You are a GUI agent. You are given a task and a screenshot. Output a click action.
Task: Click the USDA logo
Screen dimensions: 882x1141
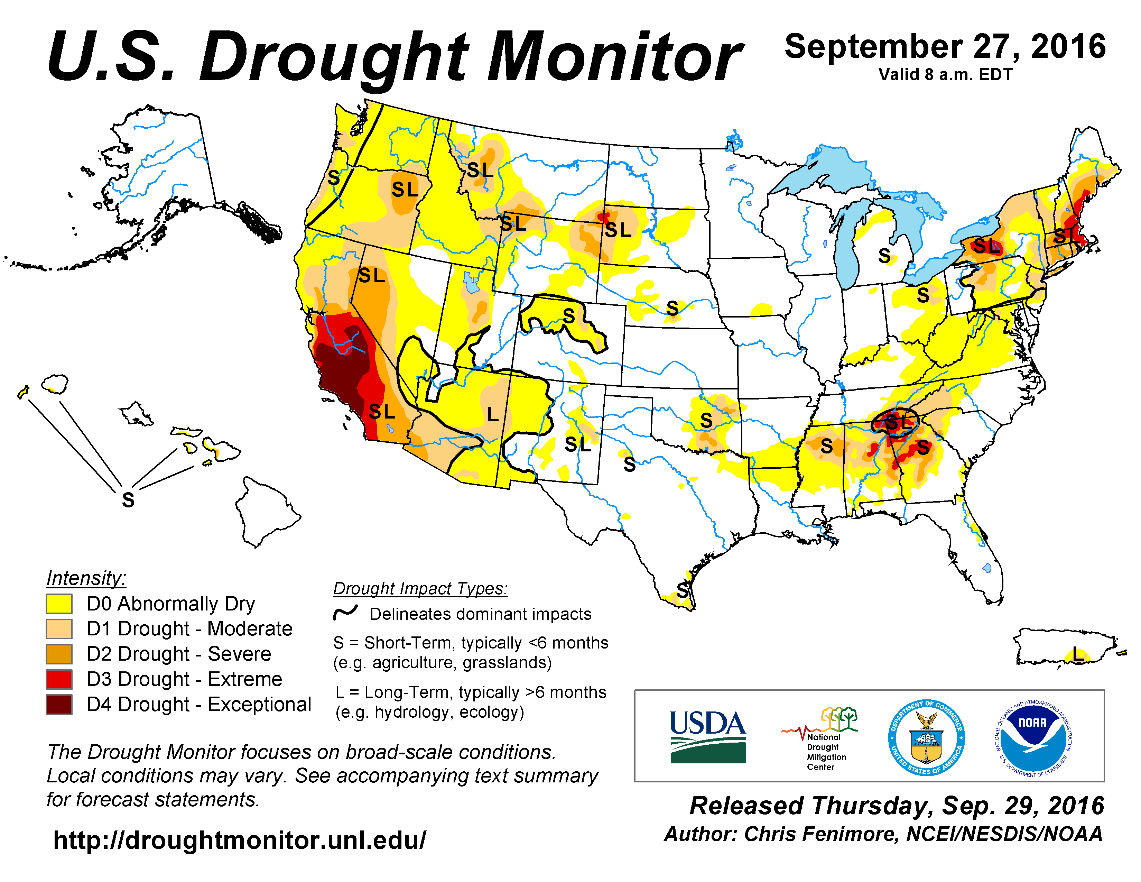[x=708, y=736]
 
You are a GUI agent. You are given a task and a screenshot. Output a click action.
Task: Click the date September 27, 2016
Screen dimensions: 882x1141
[x=945, y=46]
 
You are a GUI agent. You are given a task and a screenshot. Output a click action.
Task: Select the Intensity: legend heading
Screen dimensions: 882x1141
[x=86, y=578]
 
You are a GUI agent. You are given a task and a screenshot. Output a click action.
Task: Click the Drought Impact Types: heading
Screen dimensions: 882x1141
[x=420, y=588]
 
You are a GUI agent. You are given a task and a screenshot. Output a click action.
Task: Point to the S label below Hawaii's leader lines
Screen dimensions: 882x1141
[x=128, y=500]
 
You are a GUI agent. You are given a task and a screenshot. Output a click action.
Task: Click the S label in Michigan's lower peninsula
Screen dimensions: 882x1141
[x=884, y=256]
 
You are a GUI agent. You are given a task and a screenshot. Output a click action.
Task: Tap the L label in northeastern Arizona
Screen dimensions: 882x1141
[x=492, y=414]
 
